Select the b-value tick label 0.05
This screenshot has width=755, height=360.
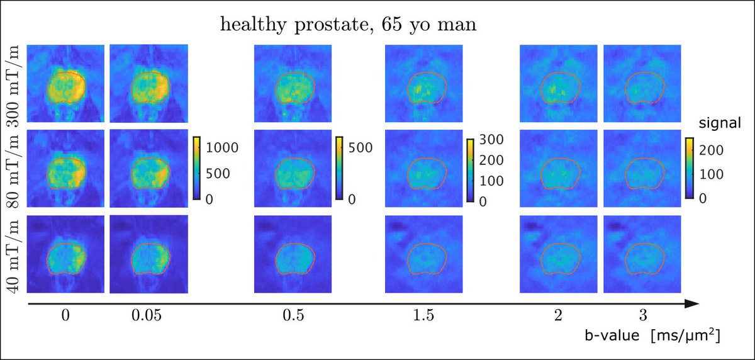149,317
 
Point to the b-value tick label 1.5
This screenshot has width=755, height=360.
423,317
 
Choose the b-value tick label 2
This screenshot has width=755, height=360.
558,317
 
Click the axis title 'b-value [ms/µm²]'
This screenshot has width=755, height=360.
651,337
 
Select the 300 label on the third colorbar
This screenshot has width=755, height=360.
490,140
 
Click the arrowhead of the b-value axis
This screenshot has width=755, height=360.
692,304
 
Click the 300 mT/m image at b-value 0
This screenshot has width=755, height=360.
66,84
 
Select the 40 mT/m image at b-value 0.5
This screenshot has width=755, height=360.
292,254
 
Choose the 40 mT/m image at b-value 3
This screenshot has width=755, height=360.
642,254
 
